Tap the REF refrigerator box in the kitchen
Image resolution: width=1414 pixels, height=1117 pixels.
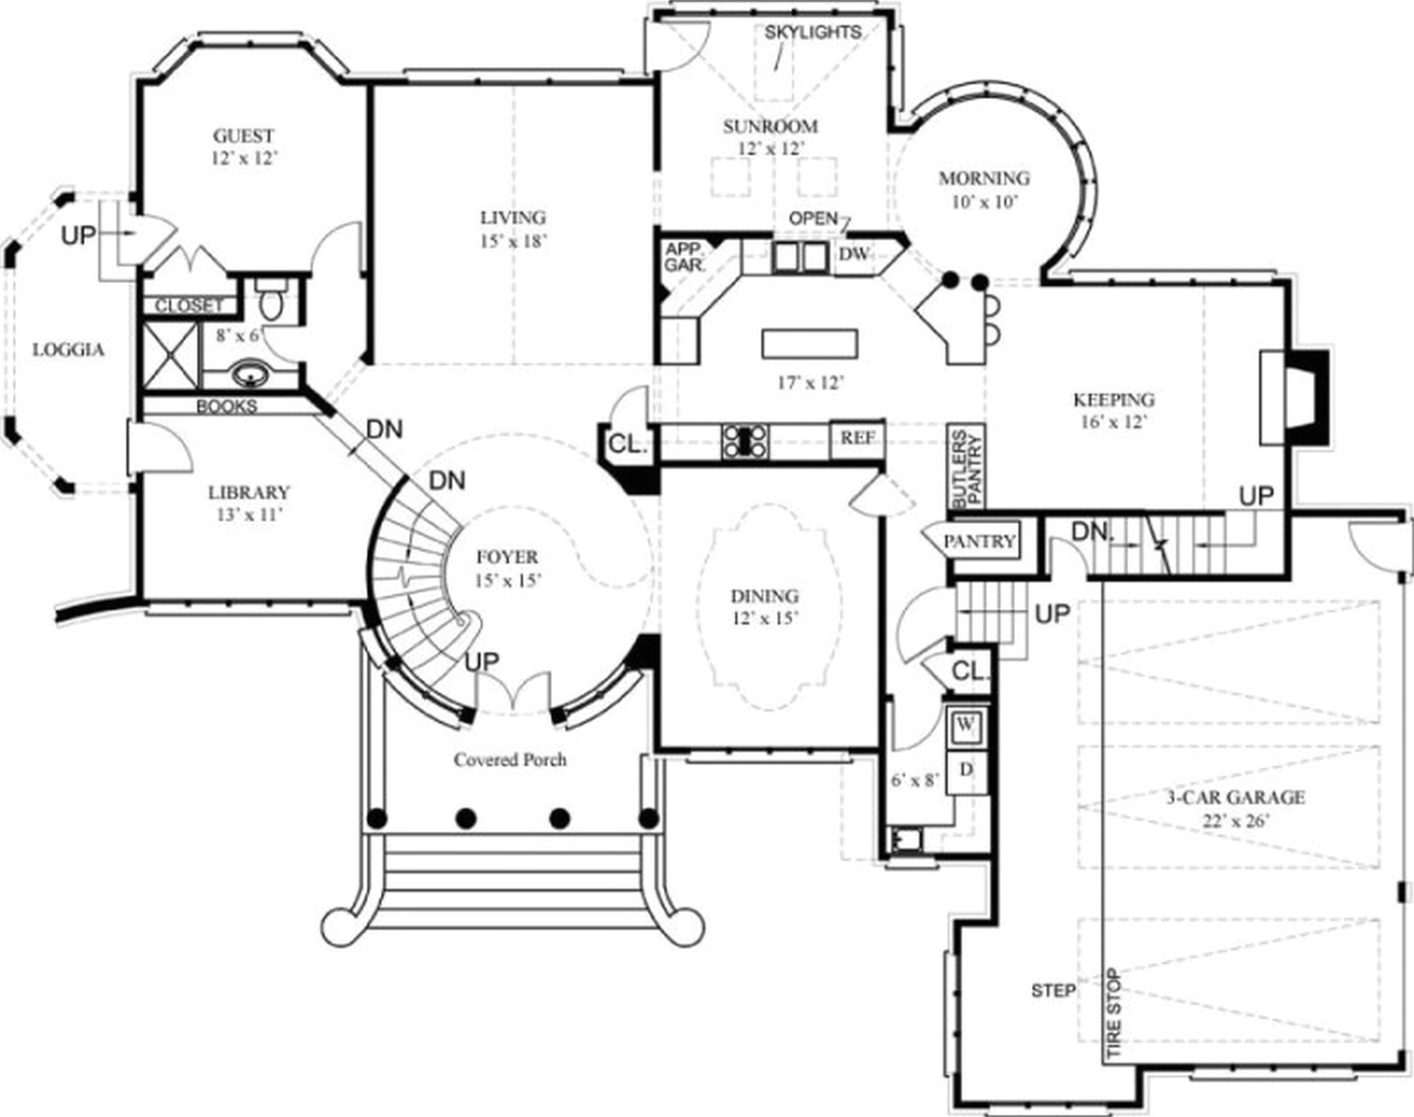click(x=857, y=438)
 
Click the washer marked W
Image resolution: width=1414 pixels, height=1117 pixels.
click(x=966, y=724)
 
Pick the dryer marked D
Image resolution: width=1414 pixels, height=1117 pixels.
click(x=966, y=770)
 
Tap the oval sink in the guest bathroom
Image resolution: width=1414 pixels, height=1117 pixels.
click(x=249, y=376)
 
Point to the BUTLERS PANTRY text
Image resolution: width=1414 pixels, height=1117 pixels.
click(x=967, y=469)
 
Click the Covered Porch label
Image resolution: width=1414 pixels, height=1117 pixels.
click(x=510, y=760)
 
